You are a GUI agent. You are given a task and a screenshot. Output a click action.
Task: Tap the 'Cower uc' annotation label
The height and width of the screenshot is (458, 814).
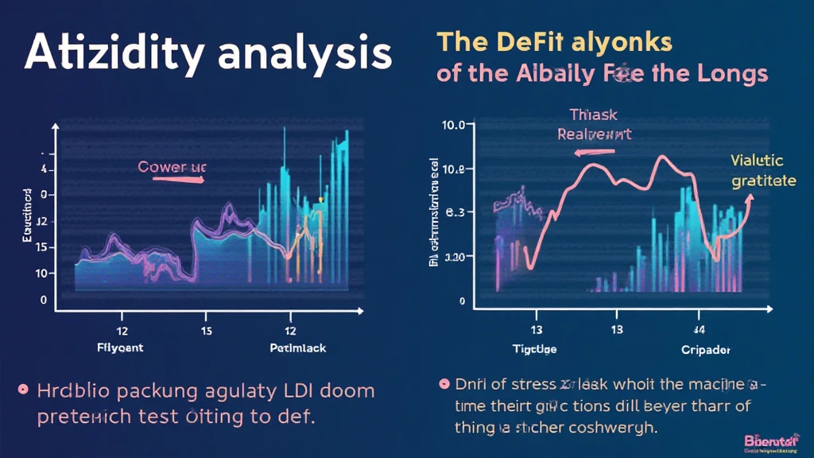pyautogui.click(x=172, y=167)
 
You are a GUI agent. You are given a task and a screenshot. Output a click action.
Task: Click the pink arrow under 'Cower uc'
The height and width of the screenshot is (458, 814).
pyautogui.click(x=178, y=180)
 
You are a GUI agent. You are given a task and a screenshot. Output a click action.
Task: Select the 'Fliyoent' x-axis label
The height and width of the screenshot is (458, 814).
pyautogui.click(x=122, y=347)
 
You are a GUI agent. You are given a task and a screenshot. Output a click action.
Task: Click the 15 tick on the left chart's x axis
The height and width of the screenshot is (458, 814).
pyautogui.click(x=206, y=329)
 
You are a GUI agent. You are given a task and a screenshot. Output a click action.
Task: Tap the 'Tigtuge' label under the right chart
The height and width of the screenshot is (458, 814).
pyautogui.click(x=534, y=349)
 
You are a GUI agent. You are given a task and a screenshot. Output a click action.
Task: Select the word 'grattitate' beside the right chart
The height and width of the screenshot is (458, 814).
pyautogui.click(x=763, y=180)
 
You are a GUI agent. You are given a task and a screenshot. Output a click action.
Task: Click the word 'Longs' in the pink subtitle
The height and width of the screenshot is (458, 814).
pyautogui.click(x=731, y=74)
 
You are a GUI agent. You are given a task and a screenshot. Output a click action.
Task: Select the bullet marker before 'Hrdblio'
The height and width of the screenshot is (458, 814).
pyautogui.click(x=23, y=390)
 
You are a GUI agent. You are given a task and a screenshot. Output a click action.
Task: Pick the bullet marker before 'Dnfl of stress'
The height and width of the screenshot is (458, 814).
pyautogui.click(x=444, y=384)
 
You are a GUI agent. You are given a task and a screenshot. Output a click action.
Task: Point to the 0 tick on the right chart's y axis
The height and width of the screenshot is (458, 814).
pyautogui.click(x=461, y=302)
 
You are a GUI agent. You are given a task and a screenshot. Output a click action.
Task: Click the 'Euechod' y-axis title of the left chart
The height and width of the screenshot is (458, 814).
pyautogui.click(x=26, y=215)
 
